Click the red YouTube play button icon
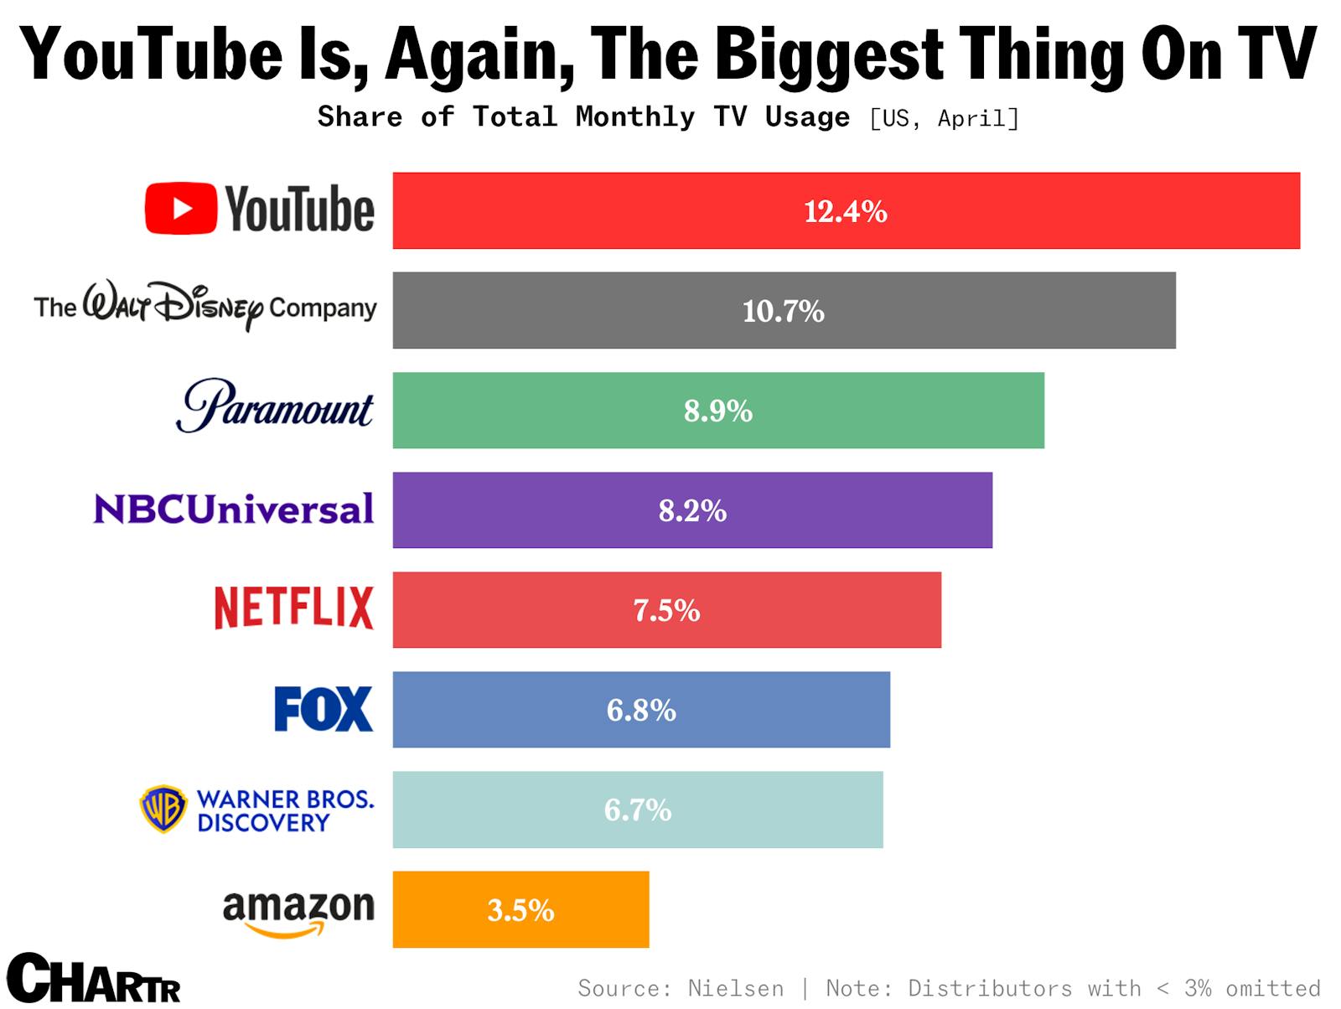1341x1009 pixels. (x=181, y=208)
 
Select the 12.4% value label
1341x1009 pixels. (x=845, y=211)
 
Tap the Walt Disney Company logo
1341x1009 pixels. (x=205, y=307)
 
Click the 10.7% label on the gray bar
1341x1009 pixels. (x=783, y=311)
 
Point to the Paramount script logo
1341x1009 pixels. (x=275, y=406)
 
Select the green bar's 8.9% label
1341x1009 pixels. (x=717, y=411)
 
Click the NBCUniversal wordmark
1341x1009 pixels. (x=234, y=509)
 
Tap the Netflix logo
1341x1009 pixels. (x=293, y=608)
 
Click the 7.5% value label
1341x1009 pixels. (x=666, y=610)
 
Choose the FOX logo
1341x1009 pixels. (x=324, y=709)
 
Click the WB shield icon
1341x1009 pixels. (x=163, y=809)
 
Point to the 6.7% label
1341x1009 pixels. (x=638, y=810)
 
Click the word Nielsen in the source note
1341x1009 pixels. (x=735, y=989)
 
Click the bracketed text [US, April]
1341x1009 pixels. (x=945, y=118)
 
